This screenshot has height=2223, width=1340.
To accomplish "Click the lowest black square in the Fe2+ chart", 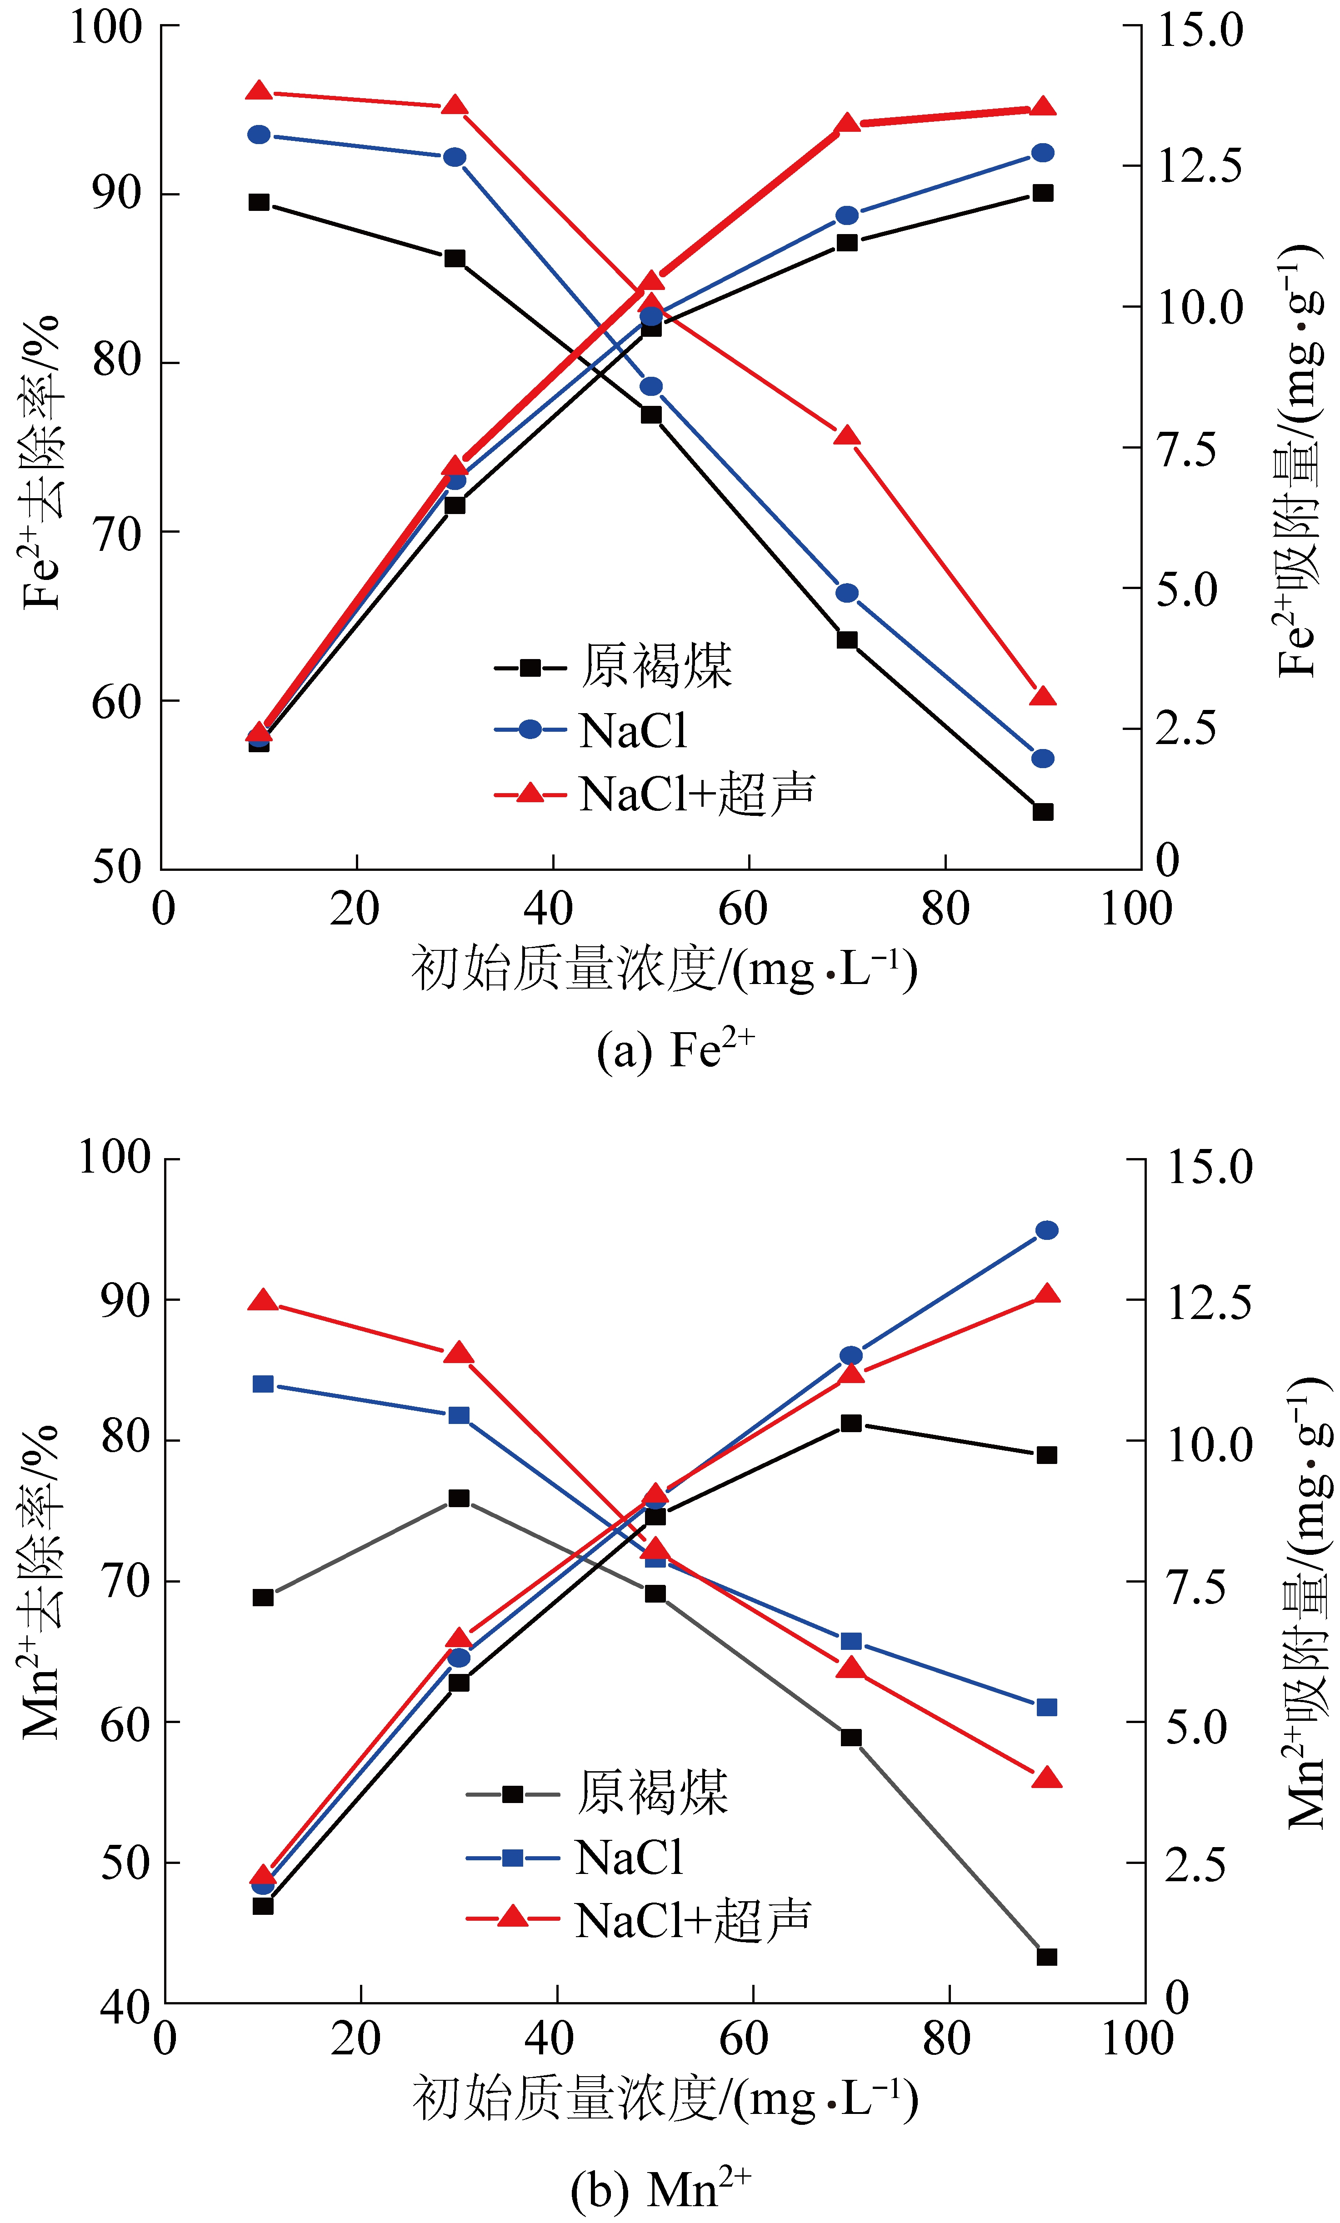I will click(1042, 812).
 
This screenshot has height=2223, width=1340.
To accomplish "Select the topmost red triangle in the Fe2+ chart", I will click(259, 91).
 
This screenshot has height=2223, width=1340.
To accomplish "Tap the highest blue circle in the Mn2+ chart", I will click(1046, 1231).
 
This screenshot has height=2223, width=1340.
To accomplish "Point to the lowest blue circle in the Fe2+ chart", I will click(1042, 758).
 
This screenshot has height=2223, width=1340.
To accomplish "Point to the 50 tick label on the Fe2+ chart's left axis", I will click(117, 867).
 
